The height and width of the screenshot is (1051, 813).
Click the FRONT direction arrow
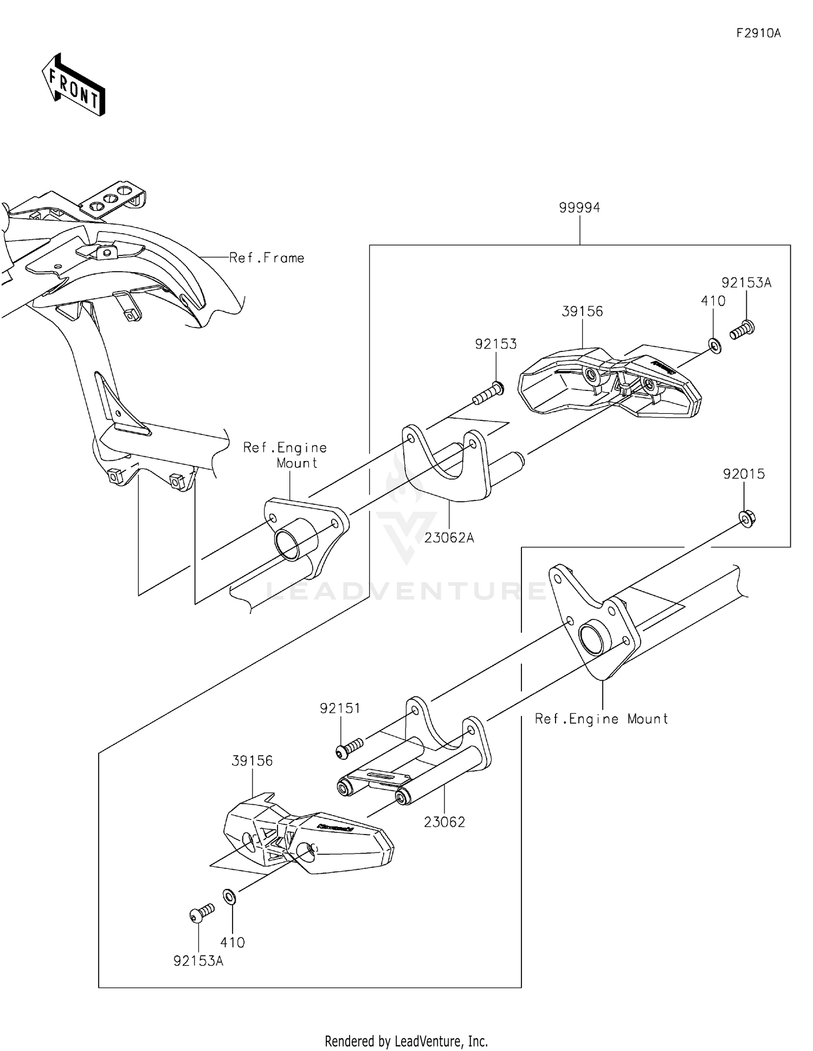click(73, 86)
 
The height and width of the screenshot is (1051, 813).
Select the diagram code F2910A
click(758, 34)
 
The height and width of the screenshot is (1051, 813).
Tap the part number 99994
click(579, 208)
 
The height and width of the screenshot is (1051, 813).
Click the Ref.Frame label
click(266, 258)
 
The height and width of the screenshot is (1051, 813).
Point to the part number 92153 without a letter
click(495, 344)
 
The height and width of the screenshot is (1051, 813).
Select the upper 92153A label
click(746, 283)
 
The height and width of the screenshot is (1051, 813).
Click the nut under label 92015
click(747, 519)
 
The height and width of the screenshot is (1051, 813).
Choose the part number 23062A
click(449, 538)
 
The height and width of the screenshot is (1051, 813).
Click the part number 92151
click(340, 708)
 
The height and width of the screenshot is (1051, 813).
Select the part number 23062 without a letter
click(444, 822)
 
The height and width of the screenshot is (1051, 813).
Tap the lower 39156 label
click(252, 761)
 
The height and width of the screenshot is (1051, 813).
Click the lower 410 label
click(233, 943)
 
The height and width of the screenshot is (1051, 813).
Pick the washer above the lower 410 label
click(229, 896)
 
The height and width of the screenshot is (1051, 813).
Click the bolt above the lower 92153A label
click(202, 913)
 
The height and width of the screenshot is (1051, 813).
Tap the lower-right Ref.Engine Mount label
click(601, 719)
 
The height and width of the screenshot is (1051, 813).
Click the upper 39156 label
click(582, 312)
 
